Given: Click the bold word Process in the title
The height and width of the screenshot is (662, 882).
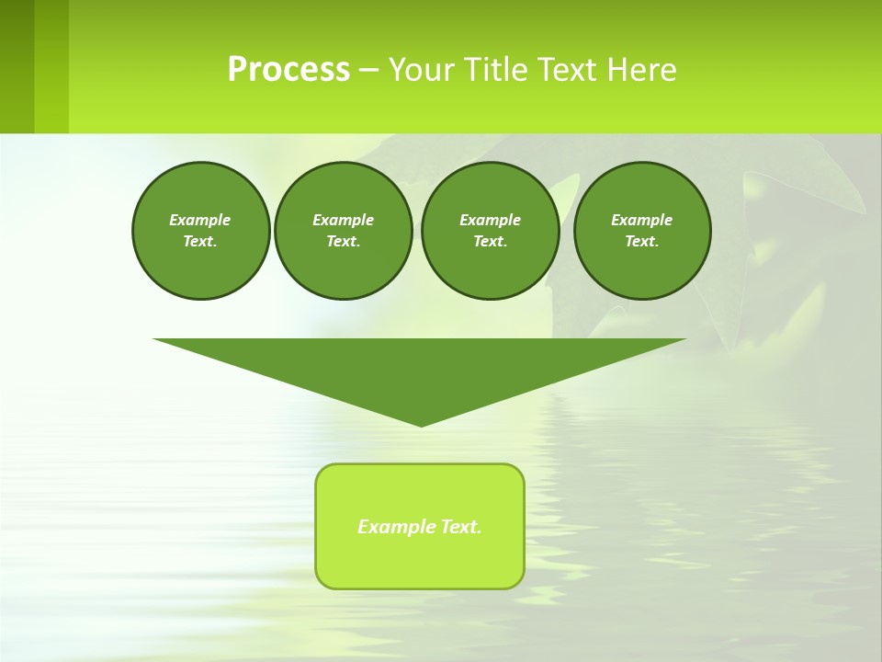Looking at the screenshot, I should [288, 70].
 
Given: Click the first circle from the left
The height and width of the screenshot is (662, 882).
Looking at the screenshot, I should [200, 231].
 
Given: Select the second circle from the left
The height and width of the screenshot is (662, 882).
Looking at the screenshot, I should [344, 231].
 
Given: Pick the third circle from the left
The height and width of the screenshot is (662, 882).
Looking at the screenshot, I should [490, 231].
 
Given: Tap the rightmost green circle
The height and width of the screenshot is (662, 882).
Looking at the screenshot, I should [642, 231].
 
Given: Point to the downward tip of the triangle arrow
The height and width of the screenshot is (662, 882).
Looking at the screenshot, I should [421, 424].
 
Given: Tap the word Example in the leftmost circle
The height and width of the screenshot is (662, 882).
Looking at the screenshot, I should [200, 220].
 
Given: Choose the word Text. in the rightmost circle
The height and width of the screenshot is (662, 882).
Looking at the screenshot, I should [642, 242].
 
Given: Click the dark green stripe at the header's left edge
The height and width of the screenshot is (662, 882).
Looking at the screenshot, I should [17, 66].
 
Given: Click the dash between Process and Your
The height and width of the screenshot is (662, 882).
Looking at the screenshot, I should [368, 70].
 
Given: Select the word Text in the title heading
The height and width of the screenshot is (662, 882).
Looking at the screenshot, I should [569, 70].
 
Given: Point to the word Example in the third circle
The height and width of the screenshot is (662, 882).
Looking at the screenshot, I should [490, 220].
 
